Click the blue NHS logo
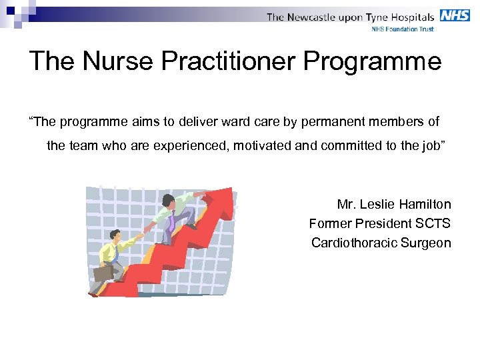coord(455,15)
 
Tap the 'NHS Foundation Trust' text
coord(402,29)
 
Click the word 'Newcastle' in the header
coord(312,17)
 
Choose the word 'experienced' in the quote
coord(191,146)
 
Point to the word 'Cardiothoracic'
coord(354,243)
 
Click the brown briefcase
coord(103,273)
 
